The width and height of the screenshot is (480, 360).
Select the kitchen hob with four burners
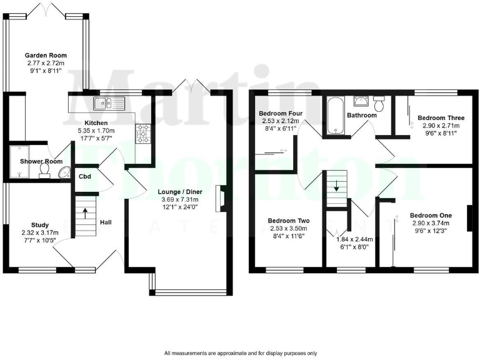point(143,133)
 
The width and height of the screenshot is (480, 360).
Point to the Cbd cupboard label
point(86,176)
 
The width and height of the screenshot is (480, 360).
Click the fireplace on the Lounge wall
point(221,197)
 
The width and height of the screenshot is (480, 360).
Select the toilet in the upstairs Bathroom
point(379,101)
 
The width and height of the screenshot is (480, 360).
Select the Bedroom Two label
point(288,221)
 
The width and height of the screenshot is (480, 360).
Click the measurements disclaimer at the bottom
point(241,353)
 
